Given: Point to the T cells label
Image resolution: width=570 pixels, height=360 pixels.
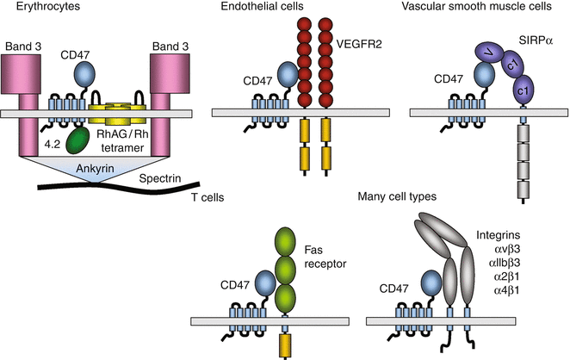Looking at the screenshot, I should [x=205, y=197].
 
